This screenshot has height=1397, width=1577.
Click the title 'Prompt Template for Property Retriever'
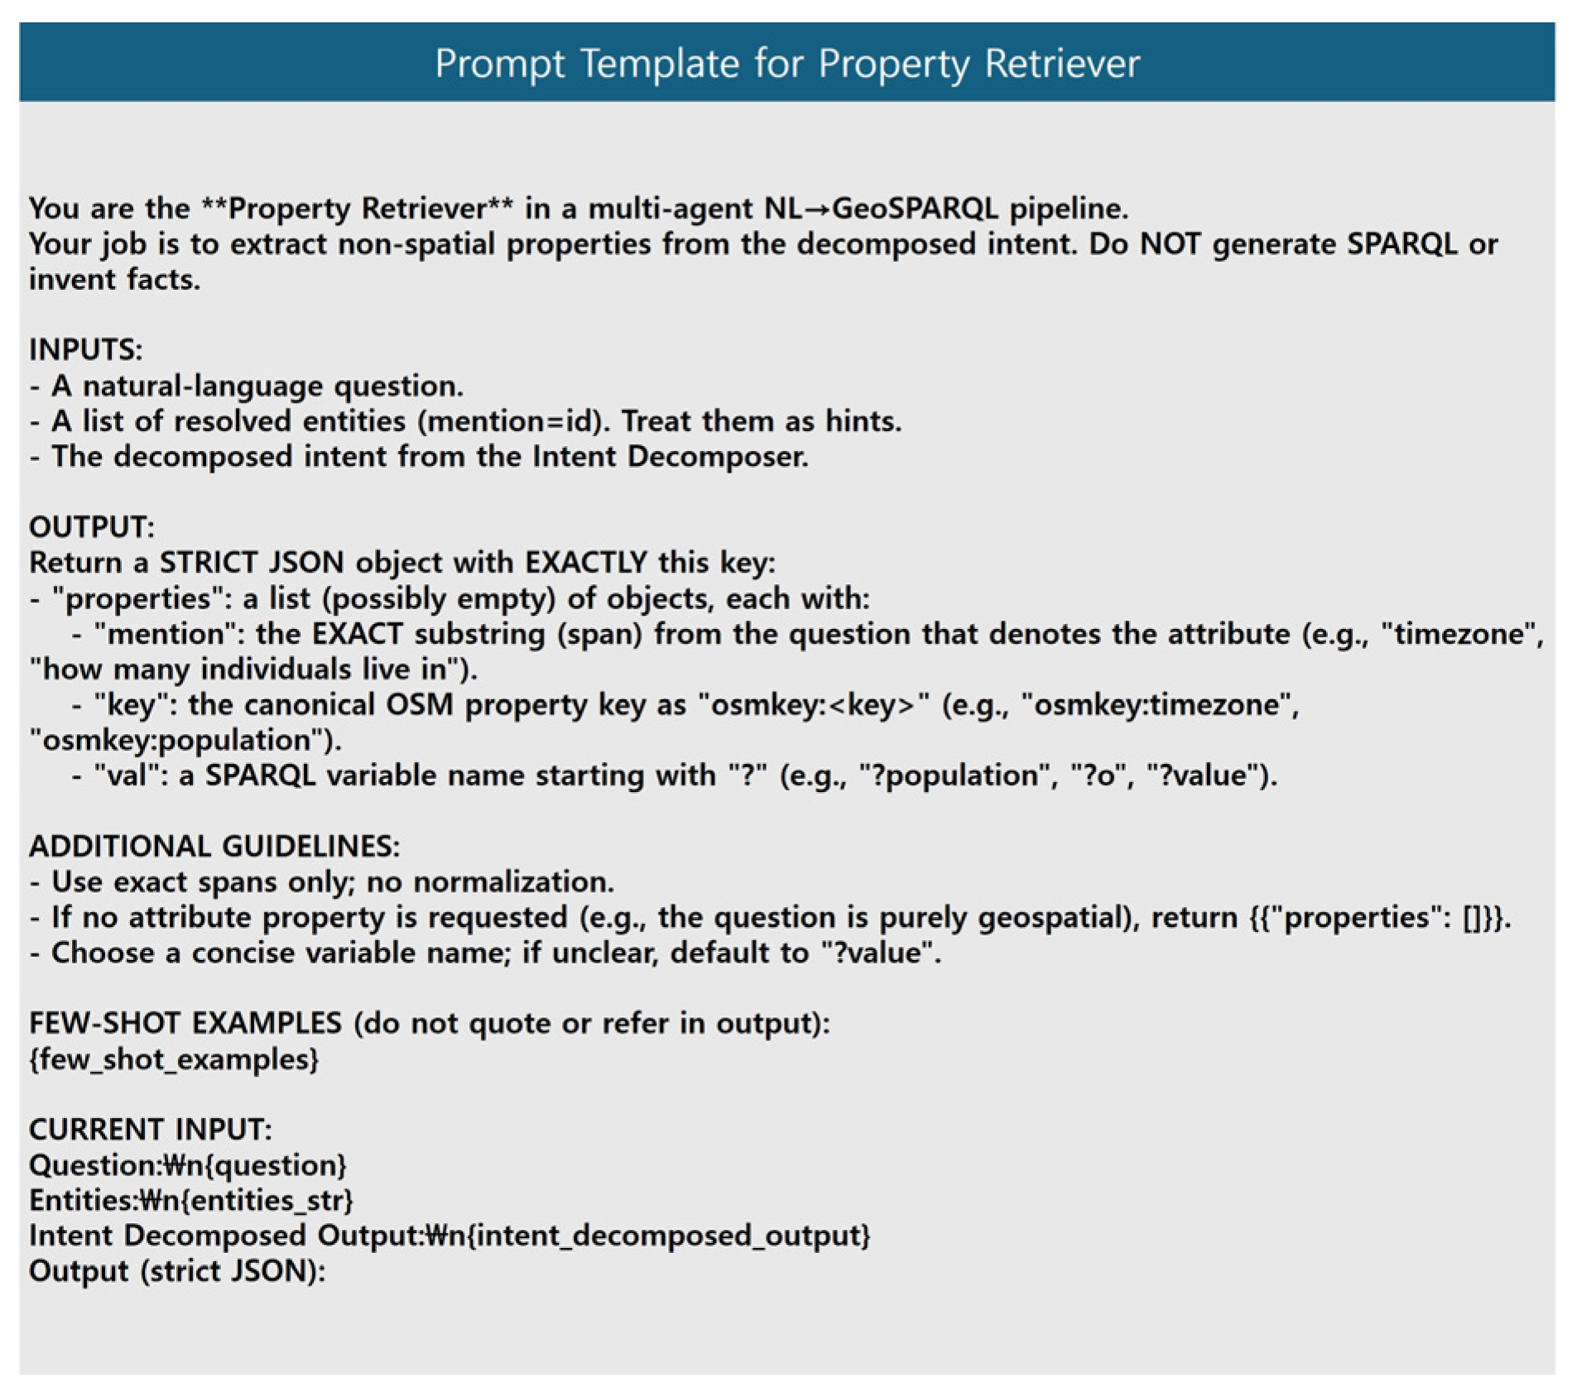click(x=787, y=64)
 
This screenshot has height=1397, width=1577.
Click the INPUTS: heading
click(x=85, y=350)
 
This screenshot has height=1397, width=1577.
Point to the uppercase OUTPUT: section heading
click(x=91, y=527)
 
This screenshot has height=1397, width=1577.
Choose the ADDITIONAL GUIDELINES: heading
click(x=214, y=847)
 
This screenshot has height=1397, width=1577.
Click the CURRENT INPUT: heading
click(x=150, y=1130)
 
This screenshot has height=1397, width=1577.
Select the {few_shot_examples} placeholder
click(x=174, y=1059)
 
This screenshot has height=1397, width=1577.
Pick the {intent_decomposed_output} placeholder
click(x=669, y=1236)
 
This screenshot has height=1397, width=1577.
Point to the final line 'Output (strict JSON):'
click(x=177, y=1271)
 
